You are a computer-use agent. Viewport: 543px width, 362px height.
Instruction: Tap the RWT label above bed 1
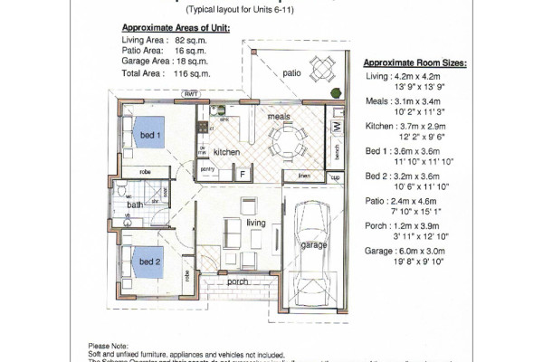click(x=191, y=93)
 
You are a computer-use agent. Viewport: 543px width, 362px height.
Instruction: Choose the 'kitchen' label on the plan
click(x=226, y=152)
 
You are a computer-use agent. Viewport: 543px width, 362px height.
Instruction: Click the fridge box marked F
click(x=242, y=171)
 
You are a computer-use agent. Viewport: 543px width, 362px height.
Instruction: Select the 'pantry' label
click(x=207, y=168)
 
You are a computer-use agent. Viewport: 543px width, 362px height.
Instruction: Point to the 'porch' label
click(x=237, y=281)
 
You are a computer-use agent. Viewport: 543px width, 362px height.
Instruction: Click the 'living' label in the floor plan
click(x=255, y=222)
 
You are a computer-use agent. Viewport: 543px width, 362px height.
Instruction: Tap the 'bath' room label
click(x=135, y=205)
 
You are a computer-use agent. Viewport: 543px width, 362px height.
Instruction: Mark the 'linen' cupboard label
click(x=304, y=176)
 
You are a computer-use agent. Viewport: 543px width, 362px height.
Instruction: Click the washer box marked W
click(x=335, y=126)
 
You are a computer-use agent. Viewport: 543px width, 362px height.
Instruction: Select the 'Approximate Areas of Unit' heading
click(x=176, y=28)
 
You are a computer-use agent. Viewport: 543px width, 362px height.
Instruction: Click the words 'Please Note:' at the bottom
click(x=110, y=346)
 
